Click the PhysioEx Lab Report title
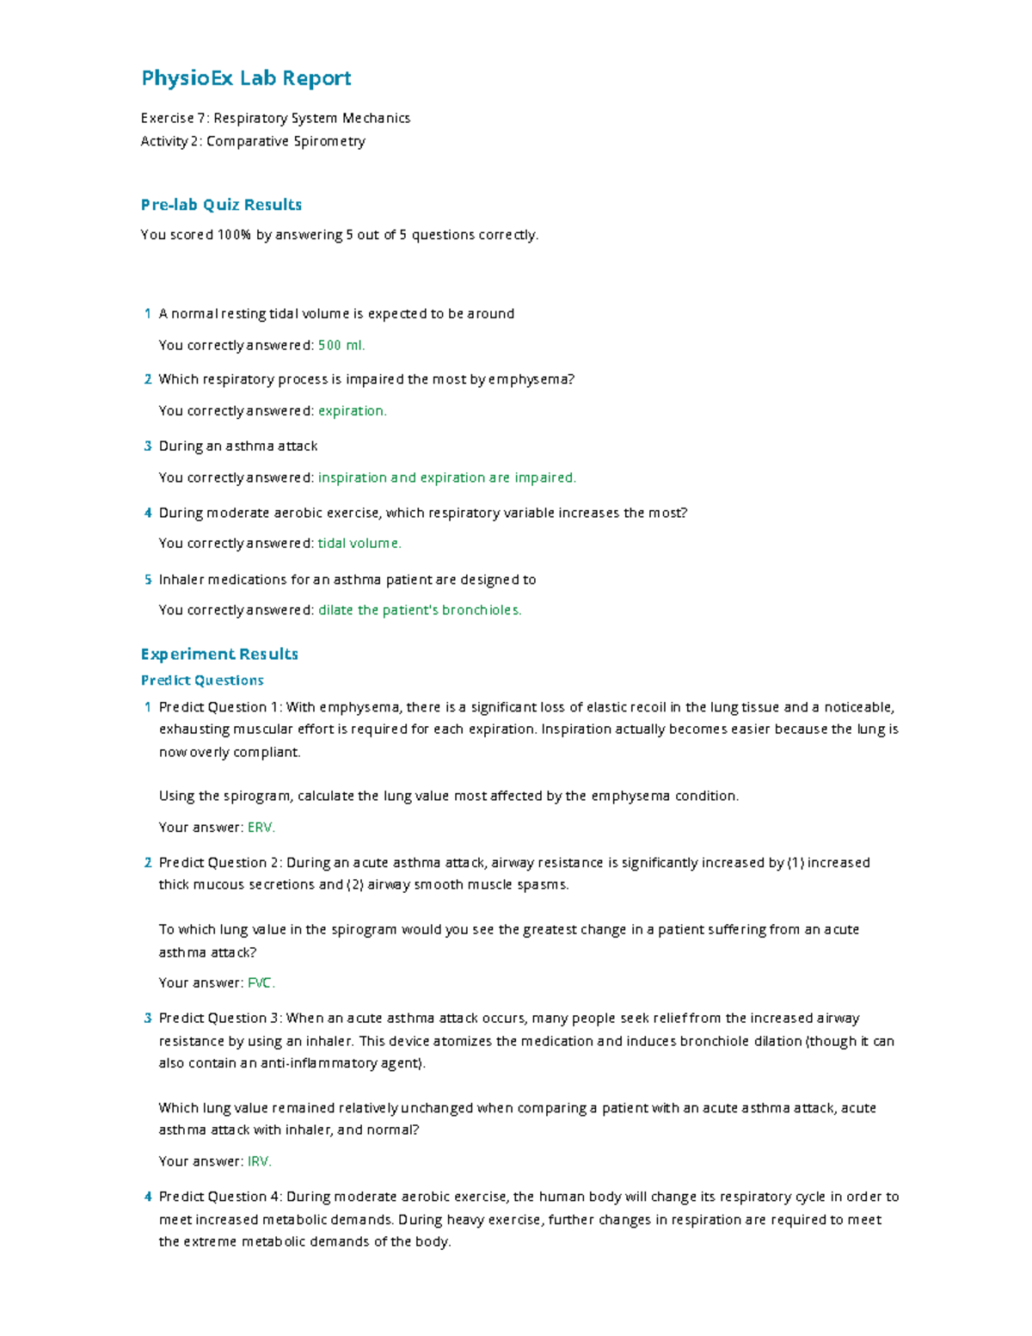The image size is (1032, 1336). coord(246,78)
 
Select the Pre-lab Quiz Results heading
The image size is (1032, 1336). coord(221,205)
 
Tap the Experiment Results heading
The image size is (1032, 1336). coord(219,654)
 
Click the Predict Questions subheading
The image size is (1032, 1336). coord(202,680)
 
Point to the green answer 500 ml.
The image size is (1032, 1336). coord(341,346)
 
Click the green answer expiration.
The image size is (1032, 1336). coord(353,411)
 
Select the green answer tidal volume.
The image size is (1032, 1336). coord(359,544)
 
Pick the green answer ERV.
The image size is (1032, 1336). coord(261,828)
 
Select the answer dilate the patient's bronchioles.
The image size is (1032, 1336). coord(420,611)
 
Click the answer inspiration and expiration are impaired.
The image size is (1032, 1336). coord(447,477)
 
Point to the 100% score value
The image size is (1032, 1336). coord(234,235)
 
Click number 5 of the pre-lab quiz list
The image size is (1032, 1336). coord(148,580)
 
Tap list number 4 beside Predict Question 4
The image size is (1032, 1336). coord(148,1197)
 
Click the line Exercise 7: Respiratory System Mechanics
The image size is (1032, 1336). coord(275,119)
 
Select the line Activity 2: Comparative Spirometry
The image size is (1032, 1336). coord(253,141)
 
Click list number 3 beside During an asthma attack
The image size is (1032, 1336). coord(148,446)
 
